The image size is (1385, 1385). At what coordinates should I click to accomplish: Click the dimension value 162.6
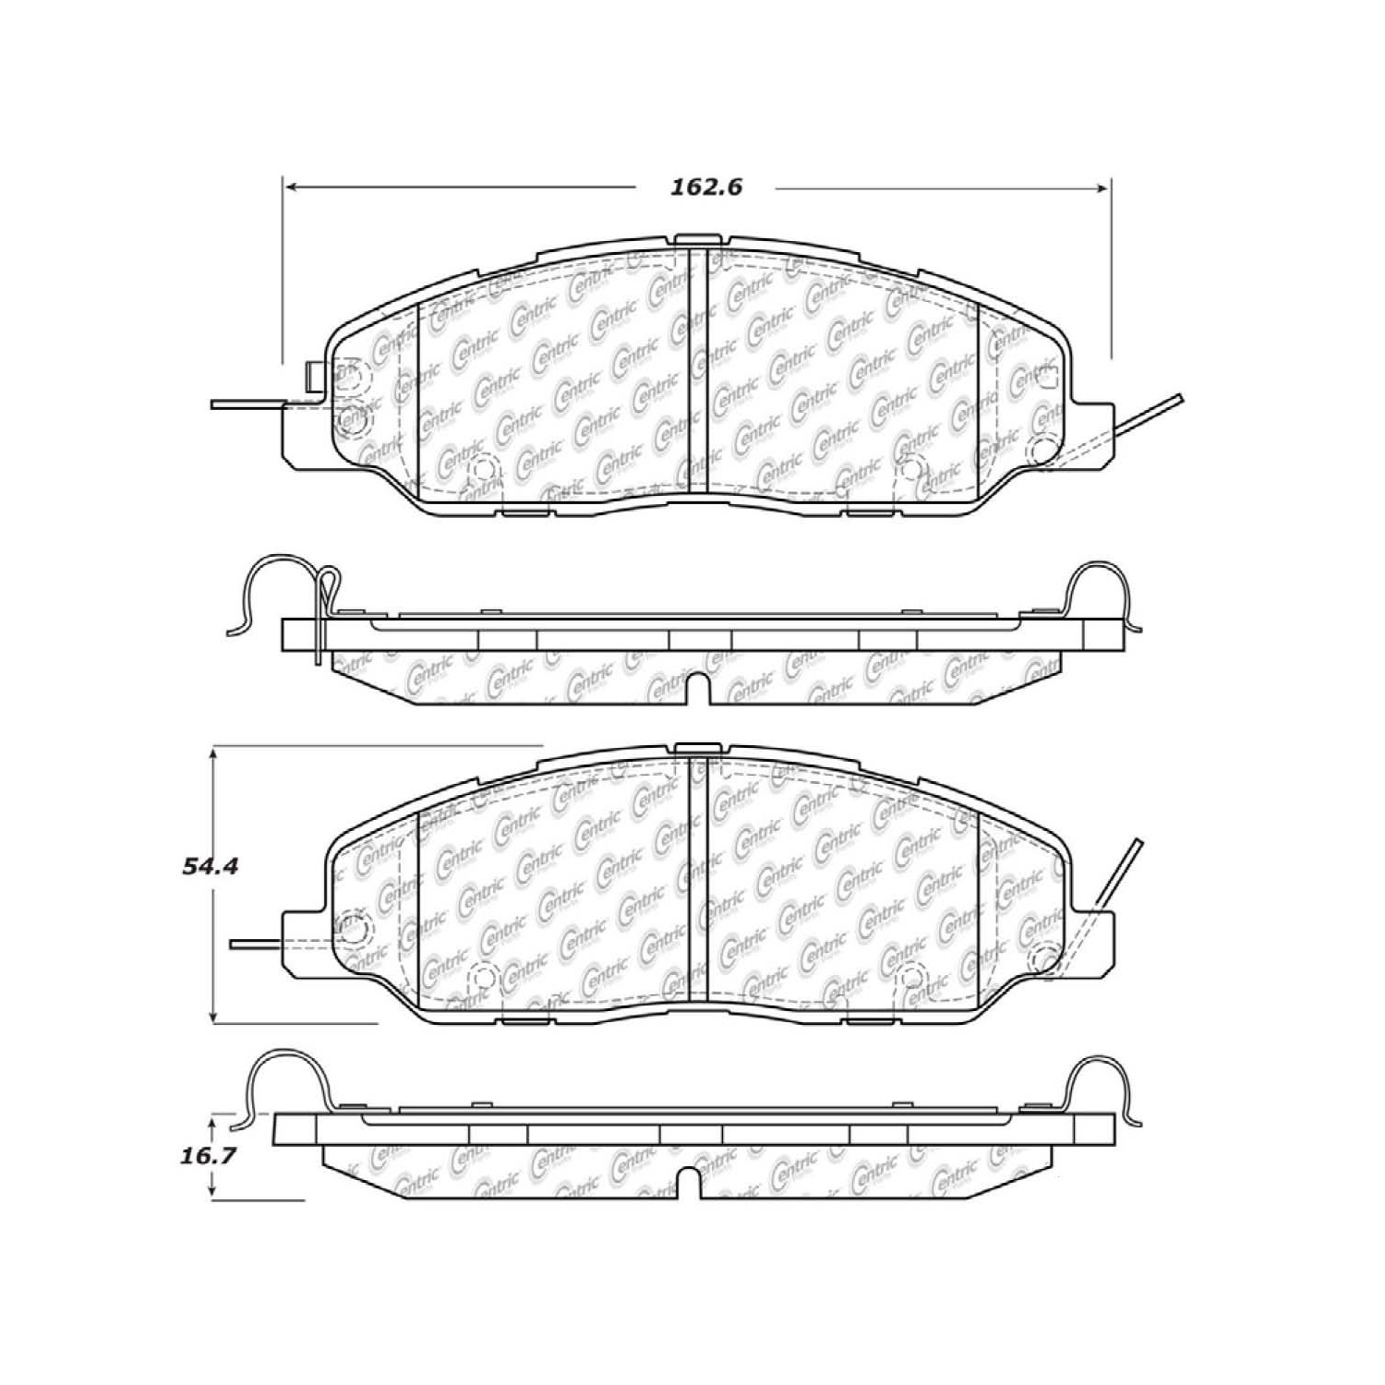[705, 187]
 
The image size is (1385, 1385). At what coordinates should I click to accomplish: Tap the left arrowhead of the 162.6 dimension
[289, 188]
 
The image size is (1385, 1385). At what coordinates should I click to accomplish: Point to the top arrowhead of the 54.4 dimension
[214, 753]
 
